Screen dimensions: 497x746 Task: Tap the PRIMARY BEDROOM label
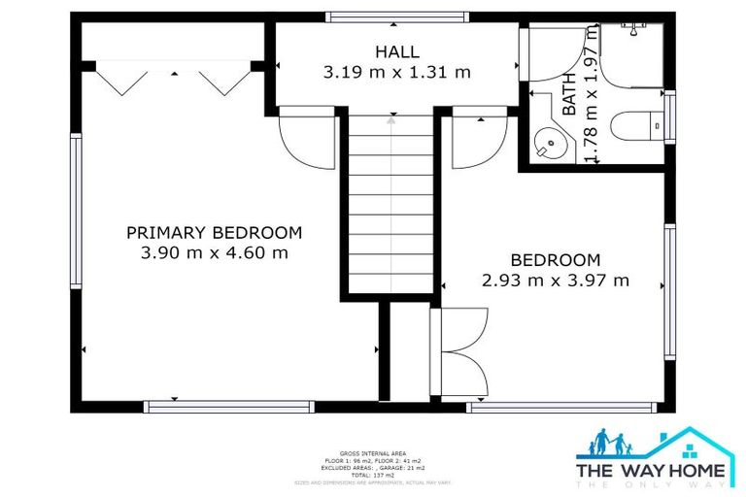[214, 233]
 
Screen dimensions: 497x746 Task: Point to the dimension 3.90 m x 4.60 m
[214, 252]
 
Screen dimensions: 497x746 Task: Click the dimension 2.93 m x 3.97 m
[556, 281]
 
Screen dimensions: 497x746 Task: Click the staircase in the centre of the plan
[391, 204]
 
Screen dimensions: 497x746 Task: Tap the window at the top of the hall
[396, 17]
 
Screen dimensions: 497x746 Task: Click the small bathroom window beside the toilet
[668, 117]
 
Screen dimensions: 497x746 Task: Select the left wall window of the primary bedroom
[76, 211]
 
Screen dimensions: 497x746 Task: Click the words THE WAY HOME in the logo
[651, 471]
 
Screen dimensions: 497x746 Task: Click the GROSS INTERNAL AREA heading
[373, 451]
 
